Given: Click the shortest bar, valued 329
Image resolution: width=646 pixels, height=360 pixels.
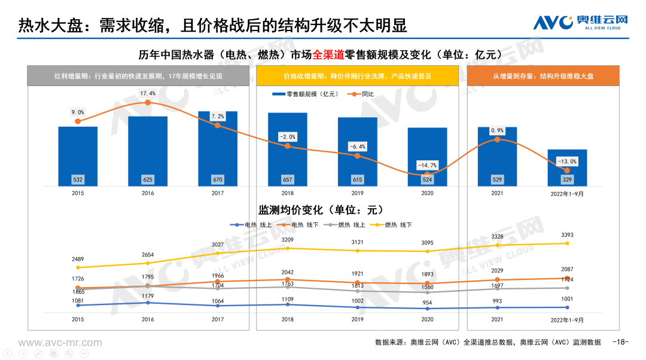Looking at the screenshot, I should [x=567, y=167].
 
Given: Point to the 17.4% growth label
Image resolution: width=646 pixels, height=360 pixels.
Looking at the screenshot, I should [x=148, y=93].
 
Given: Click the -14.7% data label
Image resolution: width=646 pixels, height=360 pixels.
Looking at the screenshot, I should [x=427, y=165].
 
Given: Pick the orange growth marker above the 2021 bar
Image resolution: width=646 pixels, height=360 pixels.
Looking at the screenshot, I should [x=497, y=139].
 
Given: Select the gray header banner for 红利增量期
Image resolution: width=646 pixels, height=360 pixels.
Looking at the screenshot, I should [x=138, y=76].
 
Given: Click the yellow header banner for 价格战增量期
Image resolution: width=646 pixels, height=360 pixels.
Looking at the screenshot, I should [x=357, y=76].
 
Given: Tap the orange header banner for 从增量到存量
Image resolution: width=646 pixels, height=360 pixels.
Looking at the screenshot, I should [x=543, y=76].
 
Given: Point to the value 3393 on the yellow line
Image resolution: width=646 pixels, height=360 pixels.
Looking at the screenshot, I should [x=567, y=234].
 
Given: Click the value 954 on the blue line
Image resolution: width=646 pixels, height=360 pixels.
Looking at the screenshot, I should [x=427, y=303].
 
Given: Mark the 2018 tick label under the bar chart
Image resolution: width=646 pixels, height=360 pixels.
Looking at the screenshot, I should [x=288, y=193].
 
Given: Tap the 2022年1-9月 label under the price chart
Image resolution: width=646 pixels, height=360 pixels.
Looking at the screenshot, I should [x=567, y=319].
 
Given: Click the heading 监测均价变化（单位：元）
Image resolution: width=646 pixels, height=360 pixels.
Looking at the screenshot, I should [x=321, y=210].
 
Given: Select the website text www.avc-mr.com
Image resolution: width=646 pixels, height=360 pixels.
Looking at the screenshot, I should [x=60, y=343].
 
